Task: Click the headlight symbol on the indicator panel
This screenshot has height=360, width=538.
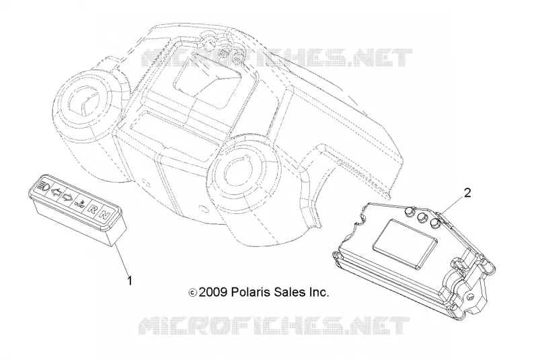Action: point(45,186)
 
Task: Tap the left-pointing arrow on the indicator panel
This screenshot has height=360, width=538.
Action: point(56,192)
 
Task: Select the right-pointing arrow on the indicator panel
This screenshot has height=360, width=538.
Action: point(68,197)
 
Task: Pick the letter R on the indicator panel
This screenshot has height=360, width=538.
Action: point(92,209)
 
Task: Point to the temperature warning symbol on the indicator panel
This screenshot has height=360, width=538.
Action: point(79,203)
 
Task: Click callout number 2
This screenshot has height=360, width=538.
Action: point(467,193)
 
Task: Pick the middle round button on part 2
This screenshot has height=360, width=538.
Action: point(422,217)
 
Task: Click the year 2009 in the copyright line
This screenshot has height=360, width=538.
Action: point(213,292)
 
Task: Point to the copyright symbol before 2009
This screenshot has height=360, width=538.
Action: point(192,293)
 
